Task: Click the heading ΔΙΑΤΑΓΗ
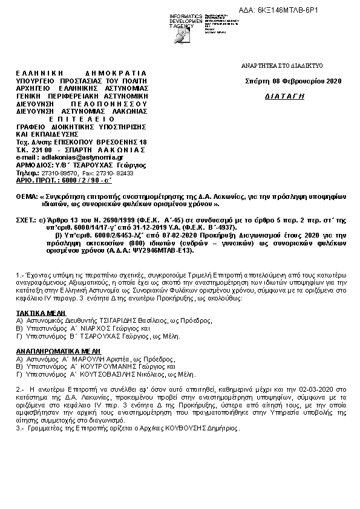[285, 97]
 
